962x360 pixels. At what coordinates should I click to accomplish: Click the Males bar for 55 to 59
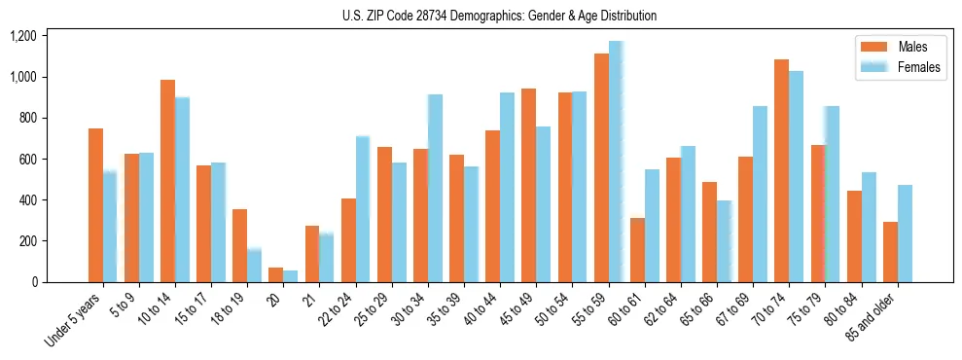(x=601, y=167)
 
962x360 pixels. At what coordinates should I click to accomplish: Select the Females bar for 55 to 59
(x=616, y=162)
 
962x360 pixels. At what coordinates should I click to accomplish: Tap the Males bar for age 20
(x=275, y=274)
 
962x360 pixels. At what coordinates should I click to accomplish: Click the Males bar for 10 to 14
(x=167, y=181)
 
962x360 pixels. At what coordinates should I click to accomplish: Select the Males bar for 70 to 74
(x=781, y=170)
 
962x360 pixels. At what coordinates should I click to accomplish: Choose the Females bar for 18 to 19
(x=254, y=265)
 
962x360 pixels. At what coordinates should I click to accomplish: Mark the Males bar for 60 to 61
(x=637, y=250)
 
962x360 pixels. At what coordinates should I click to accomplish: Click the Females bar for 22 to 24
(x=363, y=209)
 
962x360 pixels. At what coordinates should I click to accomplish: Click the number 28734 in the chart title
(x=446, y=16)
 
